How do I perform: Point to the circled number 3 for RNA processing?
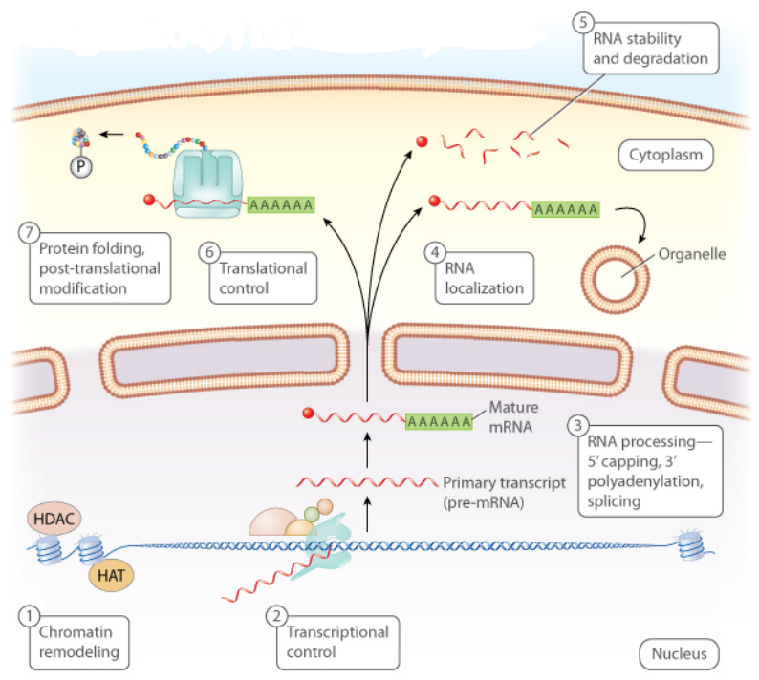point(579,425)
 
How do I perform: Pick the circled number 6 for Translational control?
point(210,252)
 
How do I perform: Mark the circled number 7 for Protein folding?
point(31,232)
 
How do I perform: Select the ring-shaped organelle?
point(616,278)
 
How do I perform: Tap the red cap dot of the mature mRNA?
point(308,414)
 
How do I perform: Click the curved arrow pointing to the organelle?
point(633,224)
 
